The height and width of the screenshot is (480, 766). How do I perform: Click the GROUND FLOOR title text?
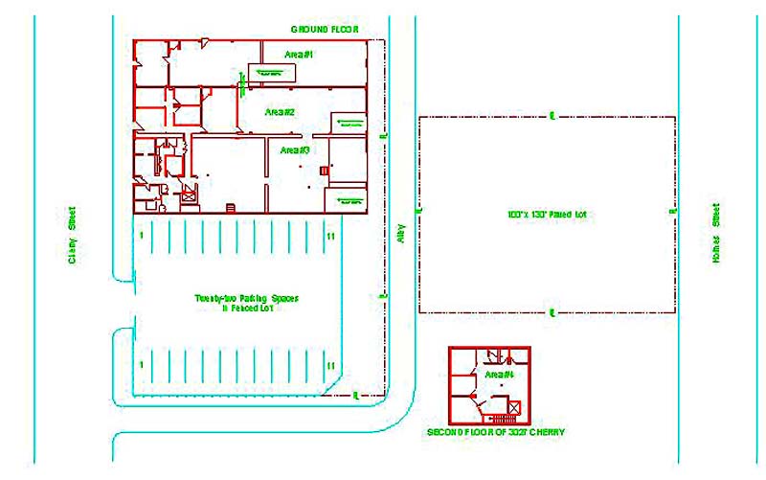(x=325, y=30)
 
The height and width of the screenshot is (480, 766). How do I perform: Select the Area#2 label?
(x=280, y=113)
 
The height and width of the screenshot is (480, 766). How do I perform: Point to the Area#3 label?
(x=292, y=150)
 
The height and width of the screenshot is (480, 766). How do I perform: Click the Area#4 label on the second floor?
(x=500, y=374)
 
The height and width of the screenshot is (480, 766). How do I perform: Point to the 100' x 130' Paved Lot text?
(x=546, y=214)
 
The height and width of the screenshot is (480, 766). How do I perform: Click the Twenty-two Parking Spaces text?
(x=247, y=298)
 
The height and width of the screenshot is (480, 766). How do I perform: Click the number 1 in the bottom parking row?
(x=141, y=365)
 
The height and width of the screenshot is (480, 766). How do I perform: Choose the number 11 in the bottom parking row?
(x=330, y=365)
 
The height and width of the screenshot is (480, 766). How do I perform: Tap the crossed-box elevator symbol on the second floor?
(x=514, y=408)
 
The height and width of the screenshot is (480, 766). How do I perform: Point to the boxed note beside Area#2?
(x=346, y=120)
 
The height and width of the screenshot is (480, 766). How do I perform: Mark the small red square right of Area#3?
(x=323, y=171)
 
